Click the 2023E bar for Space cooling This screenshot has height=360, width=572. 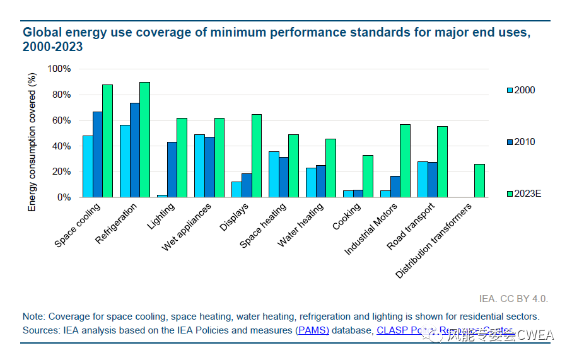(x=107, y=141)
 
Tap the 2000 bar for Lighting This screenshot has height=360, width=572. (x=162, y=196)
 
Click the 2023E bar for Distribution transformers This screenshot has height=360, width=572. (x=479, y=181)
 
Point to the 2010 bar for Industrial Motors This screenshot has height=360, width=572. (x=395, y=187)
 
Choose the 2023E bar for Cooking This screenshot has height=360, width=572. (x=368, y=177)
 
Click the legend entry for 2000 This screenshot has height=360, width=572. (x=521, y=90)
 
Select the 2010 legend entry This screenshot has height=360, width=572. (x=521, y=142)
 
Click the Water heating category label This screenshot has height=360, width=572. (x=301, y=224)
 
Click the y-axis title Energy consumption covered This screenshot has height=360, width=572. (x=32, y=142)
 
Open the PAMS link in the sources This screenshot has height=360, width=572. (x=313, y=330)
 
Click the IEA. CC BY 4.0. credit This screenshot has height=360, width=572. (x=513, y=298)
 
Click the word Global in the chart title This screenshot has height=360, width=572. (x=41, y=32)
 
